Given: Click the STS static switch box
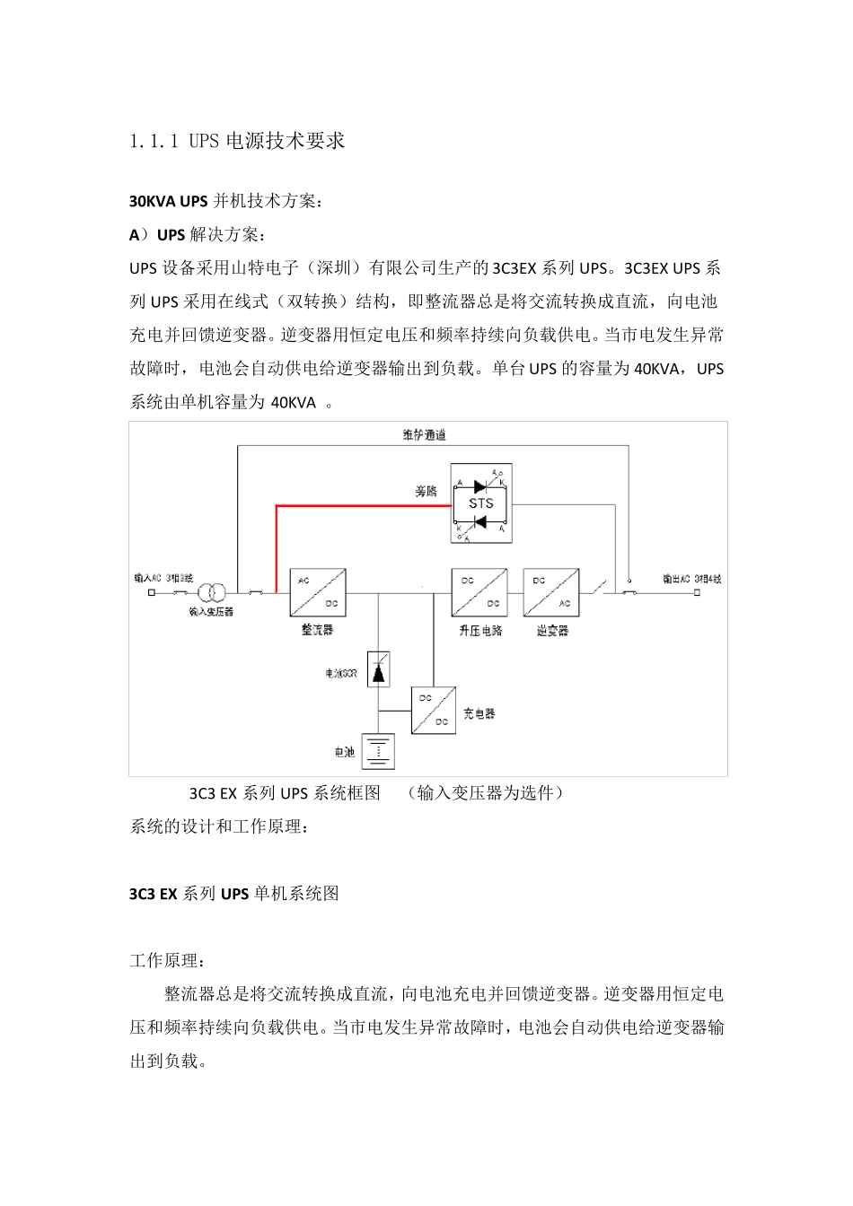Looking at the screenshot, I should coord(481,503).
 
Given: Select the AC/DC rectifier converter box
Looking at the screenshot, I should coord(318,592).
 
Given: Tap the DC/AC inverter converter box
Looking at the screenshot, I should coord(551,592).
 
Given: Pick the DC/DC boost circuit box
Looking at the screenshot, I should coord(479,592).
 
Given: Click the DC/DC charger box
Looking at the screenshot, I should coord(434,711).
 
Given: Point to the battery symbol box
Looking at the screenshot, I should coord(378,752).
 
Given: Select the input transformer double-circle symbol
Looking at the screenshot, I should coord(212,593).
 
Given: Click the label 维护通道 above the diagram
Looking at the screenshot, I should coord(425,435).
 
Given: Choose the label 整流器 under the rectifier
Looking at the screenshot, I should coord(317,631).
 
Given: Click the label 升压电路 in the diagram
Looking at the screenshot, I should coord(480,631).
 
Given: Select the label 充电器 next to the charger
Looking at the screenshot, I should coord(479,714).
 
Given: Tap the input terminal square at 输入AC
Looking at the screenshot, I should coord(152,593).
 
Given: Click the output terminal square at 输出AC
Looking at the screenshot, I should coord(698,593).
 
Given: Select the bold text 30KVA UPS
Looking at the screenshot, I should coord(169,201).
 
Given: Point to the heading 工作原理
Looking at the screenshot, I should coord(167,961).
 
